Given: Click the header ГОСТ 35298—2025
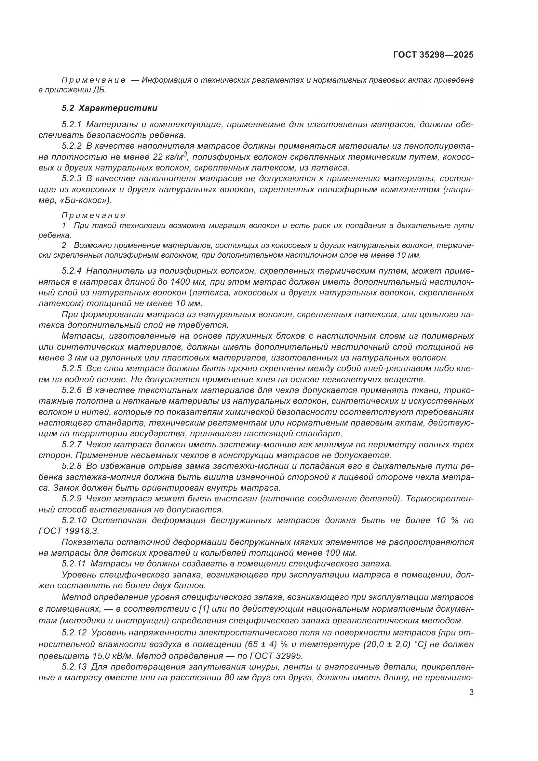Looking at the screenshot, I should tap(433, 55).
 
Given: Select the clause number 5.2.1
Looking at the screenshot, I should tap(72, 125).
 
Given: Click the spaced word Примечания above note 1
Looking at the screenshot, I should tap(94, 215).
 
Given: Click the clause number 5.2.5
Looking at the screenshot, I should tap(72, 369).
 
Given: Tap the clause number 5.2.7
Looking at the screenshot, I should tap(72, 444).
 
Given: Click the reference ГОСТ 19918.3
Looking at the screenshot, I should tap(69, 531).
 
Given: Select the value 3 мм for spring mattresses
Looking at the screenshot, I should tap(66, 358).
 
